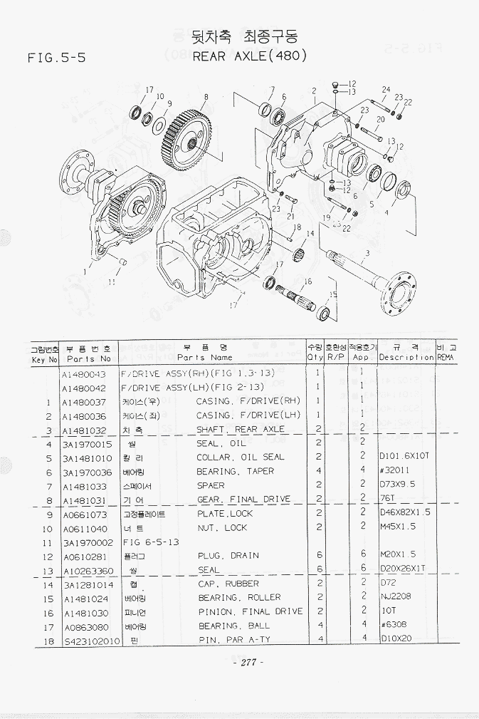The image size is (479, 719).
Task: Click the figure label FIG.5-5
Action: coord(56,58)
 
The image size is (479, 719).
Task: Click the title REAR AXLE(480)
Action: coord(250,56)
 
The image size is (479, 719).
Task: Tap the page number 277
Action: coord(247,662)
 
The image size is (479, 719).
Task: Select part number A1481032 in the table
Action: coord(84,430)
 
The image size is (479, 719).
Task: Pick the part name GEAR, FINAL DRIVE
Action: coord(243,500)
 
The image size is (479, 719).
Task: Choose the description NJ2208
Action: coord(394,597)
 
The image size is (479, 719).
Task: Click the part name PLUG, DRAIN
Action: coord(228,556)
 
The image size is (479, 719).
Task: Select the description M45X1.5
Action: coord(397,527)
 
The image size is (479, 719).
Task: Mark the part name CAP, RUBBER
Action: coord(228,584)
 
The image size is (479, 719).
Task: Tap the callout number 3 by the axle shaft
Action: coord(367,252)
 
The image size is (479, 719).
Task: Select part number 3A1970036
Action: coord(87,472)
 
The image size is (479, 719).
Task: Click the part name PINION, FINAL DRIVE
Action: coord(250,611)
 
